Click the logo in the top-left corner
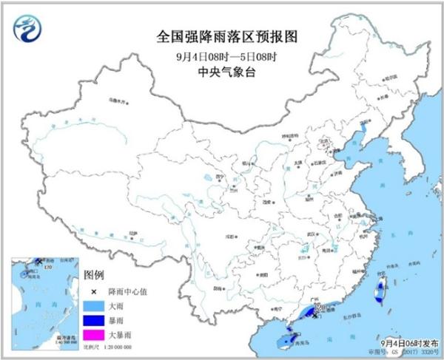pos(27,30)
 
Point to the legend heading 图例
pos(94,274)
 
